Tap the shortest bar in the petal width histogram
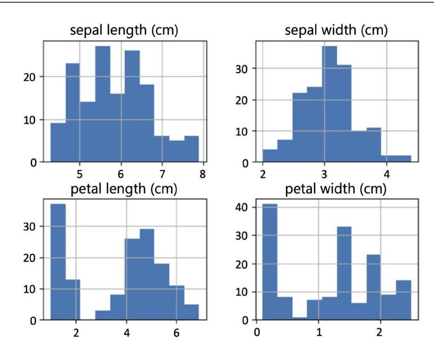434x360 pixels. click(x=299, y=319)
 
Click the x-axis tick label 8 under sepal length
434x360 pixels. click(x=203, y=172)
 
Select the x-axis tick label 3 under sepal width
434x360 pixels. click(x=325, y=172)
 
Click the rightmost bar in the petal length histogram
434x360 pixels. click(x=191, y=312)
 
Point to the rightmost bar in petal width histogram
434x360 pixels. click(x=404, y=300)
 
